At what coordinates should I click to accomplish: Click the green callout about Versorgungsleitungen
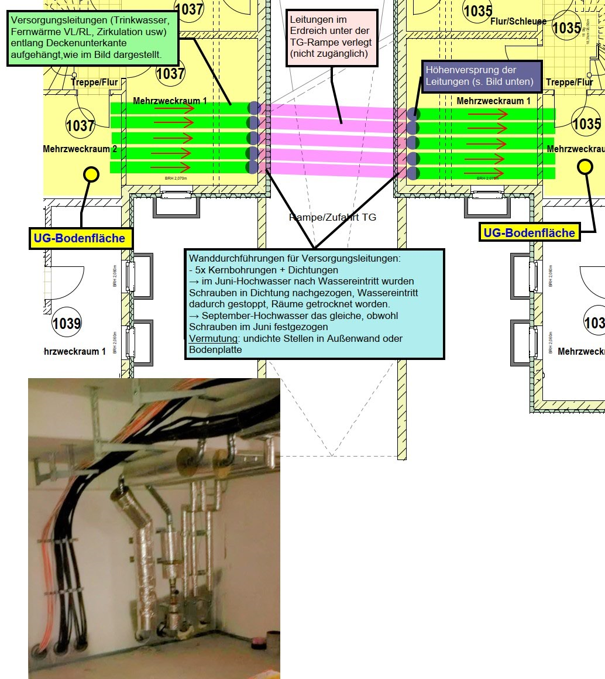click(x=93, y=38)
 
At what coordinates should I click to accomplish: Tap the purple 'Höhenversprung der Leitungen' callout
click(x=479, y=76)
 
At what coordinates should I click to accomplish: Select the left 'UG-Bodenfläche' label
click(x=81, y=238)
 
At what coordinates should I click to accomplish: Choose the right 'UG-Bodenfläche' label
click(x=529, y=233)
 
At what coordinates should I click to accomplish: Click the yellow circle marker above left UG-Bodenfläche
click(x=91, y=173)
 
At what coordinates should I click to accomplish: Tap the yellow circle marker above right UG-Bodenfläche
click(x=585, y=167)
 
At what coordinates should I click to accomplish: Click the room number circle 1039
click(x=67, y=323)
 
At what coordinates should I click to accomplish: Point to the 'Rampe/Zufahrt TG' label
click(x=332, y=218)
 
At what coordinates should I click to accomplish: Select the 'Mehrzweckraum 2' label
click(x=80, y=149)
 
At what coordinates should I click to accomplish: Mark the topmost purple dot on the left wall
click(x=254, y=108)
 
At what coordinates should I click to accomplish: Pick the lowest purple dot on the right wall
click(x=412, y=173)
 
